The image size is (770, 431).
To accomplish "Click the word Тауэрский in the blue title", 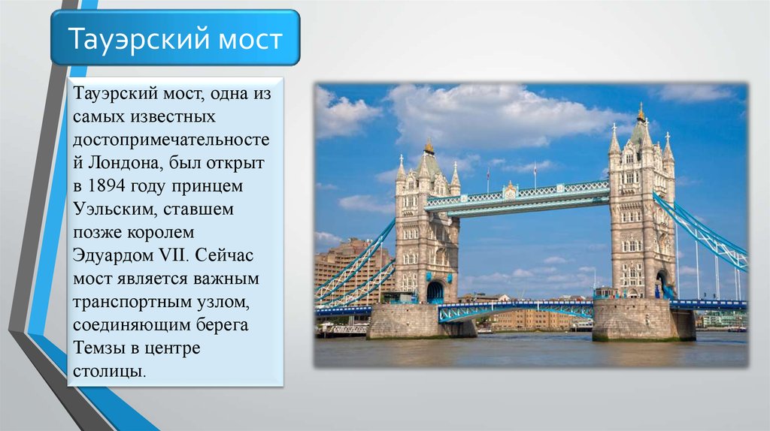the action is (139, 39).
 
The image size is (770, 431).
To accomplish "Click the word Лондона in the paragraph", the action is (125, 163).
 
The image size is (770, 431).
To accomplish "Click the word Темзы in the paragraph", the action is (100, 348).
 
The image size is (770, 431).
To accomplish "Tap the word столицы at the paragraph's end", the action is (110, 371).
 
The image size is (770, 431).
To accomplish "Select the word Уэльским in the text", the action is (114, 209).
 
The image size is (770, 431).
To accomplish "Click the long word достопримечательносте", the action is (171, 140).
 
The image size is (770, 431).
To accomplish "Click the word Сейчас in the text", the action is (224, 255).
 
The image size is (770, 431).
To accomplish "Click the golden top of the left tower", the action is (429, 146).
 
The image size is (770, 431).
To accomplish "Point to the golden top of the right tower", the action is (641, 113).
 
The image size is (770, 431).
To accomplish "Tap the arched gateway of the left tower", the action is (435, 292).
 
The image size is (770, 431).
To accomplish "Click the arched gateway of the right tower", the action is (663, 285).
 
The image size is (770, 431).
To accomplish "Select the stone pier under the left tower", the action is (420, 321).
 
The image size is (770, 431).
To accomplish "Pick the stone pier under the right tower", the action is (644, 320).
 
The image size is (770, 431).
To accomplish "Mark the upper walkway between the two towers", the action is (517, 197).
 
